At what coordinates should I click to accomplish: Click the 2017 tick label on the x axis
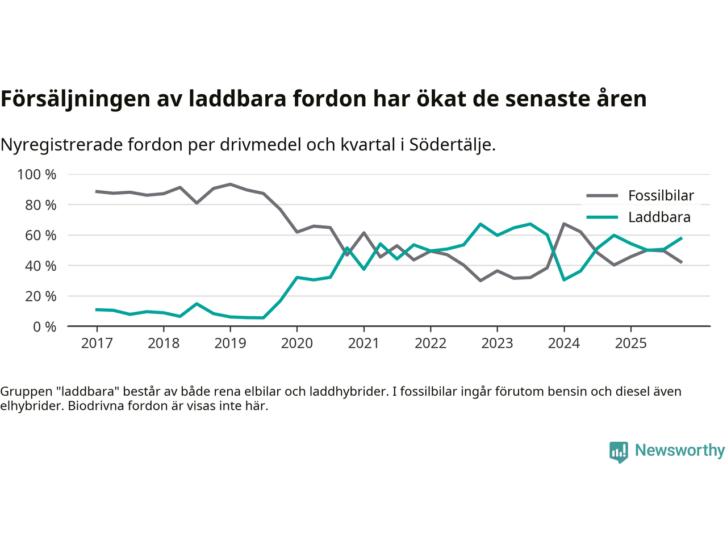(97, 343)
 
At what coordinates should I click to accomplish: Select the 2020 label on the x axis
(297, 343)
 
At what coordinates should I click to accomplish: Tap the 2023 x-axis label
(497, 343)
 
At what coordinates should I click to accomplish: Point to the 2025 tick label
(630, 343)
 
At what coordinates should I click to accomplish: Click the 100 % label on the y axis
(37, 174)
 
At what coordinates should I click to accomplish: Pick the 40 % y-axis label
(40, 266)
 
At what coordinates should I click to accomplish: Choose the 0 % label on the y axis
(44, 326)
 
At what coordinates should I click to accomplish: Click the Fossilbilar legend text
(661, 196)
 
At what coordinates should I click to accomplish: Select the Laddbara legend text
(659, 217)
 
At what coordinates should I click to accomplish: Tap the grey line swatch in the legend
(602, 196)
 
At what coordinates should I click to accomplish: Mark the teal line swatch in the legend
(602, 217)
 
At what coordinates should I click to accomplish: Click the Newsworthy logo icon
(619, 451)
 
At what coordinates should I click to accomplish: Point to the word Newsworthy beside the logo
(679, 450)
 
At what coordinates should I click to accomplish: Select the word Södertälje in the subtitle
(452, 145)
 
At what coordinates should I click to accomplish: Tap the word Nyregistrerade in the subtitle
(62, 145)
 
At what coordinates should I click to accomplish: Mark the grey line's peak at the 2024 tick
(564, 224)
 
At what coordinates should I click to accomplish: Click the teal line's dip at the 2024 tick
(564, 279)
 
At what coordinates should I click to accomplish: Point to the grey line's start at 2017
(97, 191)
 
